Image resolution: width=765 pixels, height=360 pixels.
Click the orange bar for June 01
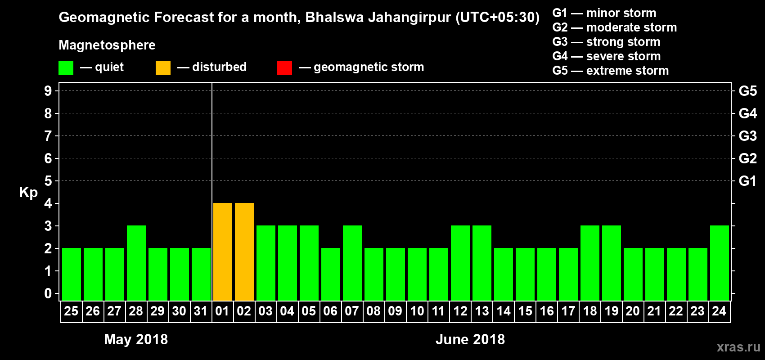(x=223, y=252)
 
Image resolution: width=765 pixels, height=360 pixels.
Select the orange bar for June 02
(x=244, y=252)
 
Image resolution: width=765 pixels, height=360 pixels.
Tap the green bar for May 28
(x=136, y=263)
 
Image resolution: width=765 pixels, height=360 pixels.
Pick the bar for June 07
(x=352, y=263)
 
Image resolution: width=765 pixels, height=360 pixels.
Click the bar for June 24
(x=720, y=263)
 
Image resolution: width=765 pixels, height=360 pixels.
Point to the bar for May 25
(x=72, y=274)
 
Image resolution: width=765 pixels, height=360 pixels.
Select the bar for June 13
(x=482, y=263)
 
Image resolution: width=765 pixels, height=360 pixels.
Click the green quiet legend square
(x=66, y=68)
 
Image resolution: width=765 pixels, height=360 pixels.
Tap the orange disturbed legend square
(x=163, y=68)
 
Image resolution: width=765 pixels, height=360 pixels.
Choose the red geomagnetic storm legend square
(x=284, y=68)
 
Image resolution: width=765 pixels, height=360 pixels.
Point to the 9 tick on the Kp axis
(x=48, y=91)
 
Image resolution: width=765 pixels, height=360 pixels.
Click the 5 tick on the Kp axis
(x=48, y=181)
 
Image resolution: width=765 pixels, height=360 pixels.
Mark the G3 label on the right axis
(x=747, y=136)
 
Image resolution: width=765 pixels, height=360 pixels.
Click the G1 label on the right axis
(x=747, y=181)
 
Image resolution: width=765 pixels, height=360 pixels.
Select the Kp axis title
(x=28, y=193)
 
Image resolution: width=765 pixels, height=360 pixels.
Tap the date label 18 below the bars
(x=589, y=311)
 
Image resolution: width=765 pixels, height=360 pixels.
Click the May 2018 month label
(x=136, y=339)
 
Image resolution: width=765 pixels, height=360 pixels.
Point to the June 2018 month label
(x=470, y=339)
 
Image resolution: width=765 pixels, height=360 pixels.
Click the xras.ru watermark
(x=738, y=347)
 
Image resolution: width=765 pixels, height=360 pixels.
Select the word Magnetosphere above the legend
(x=107, y=45)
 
